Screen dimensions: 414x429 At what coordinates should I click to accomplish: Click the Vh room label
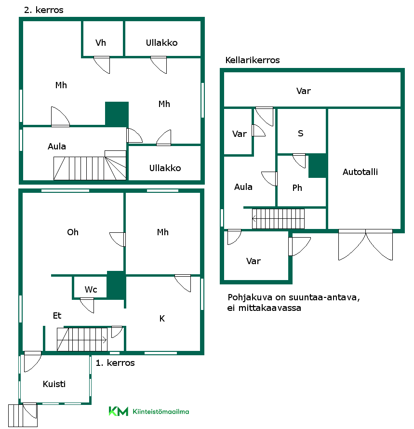(x=100, y=43)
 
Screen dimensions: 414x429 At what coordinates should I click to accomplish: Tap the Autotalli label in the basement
(x=360, y=172)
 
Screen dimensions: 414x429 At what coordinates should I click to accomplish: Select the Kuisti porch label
(x=54, y=384)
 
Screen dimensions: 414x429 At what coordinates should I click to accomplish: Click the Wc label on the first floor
(x=91, y=290)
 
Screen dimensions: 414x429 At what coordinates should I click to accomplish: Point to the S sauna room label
(x=300, y=133)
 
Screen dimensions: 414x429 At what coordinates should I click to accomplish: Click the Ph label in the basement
(x=297, y=188)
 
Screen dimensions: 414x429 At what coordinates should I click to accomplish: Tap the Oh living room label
(x=73, y=232)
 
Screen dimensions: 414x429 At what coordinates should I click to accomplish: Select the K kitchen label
(x=162, y=319)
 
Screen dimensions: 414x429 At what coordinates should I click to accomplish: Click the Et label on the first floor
(x=57, y=315)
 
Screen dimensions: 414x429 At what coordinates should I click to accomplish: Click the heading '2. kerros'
(x=44, y=10)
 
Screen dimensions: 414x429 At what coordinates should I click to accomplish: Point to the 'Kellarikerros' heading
(x=252, y=60)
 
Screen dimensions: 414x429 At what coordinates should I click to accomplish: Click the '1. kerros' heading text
(x=115, y=363)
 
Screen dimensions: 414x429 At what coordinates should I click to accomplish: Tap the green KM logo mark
(x=118, y=411)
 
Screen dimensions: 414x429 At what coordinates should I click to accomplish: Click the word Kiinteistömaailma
(x=161, y=412)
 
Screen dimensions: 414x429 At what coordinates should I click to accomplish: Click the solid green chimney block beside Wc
(x=116, y=285)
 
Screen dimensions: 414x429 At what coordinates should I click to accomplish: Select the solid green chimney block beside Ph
(x=318, y=166)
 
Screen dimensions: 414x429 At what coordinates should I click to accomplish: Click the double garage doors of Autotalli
(x=366, y=244)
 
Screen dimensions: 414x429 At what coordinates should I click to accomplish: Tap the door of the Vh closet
(x=102, y=65)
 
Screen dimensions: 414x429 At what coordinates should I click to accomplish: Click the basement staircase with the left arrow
(x=278, y=219)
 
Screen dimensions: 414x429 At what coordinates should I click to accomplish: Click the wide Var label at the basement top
(x=304, y=91)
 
